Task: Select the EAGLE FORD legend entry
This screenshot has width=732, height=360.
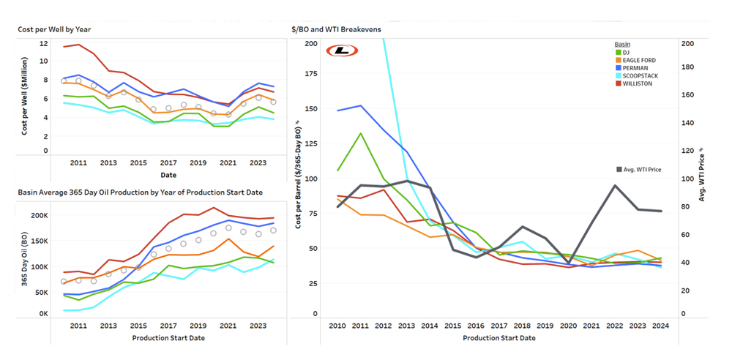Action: click(x=635, y=60)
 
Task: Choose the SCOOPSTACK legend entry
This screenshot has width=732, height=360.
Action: click(x=637, y=76)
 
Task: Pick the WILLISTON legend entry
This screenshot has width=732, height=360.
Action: click(x=635, y=83)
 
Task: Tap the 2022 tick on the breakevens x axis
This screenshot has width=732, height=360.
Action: click(x=615, y=326)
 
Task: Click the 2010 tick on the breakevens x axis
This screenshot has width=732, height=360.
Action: click(x=337, y=326)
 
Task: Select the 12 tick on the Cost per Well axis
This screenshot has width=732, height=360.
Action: click(x=43, y=43)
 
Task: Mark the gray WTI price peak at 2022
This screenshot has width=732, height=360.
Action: click(x=615, y=185)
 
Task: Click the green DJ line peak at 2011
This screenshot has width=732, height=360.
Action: click(x=360, y=133)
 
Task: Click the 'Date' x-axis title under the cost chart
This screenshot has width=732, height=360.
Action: click(x=168, y=176)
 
